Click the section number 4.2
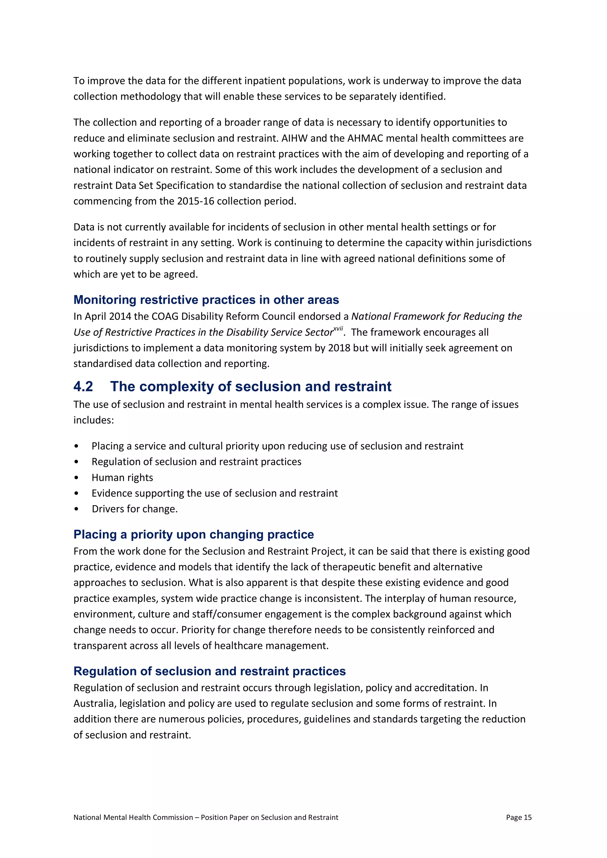click(x=83, y=386)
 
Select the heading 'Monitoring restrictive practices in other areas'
click(x=206, y=300)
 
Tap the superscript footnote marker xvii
click(x=338, y=329)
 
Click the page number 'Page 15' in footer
click(x=518, y=817)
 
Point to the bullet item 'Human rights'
click(x=122, y=478)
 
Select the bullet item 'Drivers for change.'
click(x=135, y=509)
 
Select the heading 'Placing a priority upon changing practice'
click(x=194, y=534)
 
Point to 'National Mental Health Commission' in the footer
click(x=133, y=817)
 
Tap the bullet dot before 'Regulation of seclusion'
click(x=77, y=462)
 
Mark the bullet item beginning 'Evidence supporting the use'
click(x=215, y=493)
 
